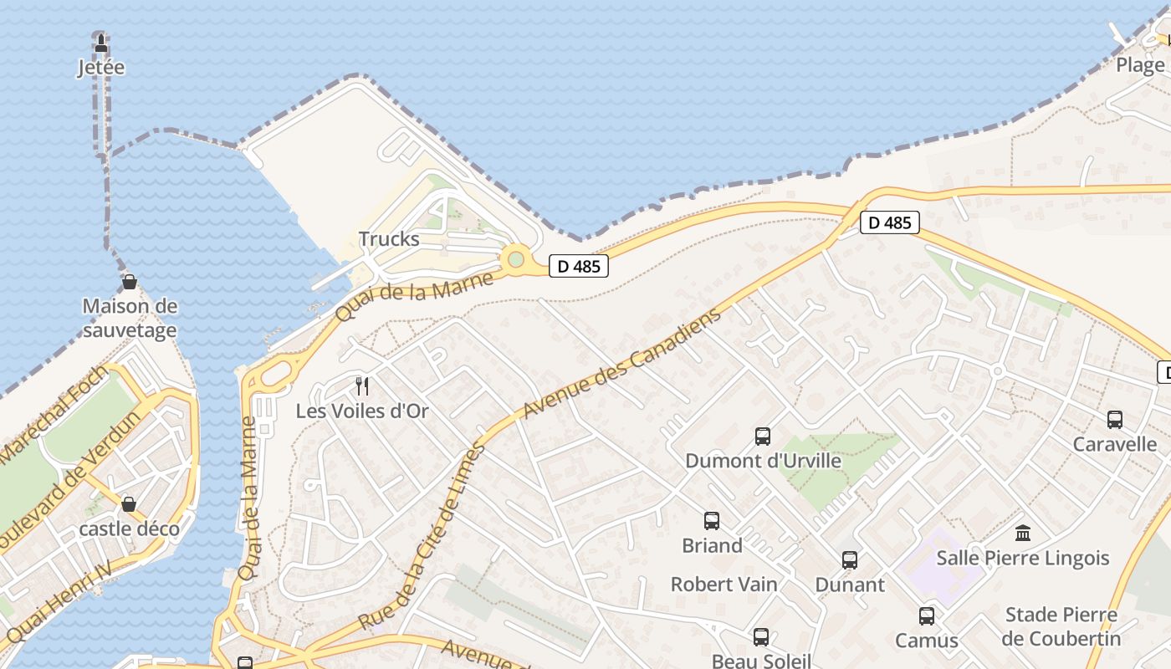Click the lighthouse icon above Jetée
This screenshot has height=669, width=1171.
coord(101,43)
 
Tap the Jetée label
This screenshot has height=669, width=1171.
coord(101,67)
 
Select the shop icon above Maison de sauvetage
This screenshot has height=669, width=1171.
coord(130,282)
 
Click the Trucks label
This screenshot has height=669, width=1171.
coord(389,239)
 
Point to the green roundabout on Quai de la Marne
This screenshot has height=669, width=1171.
coord(515,259)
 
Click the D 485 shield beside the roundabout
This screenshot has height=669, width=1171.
coord(578,267)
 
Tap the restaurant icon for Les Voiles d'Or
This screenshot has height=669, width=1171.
coord(362,386)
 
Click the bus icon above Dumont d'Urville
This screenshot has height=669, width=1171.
coord(763,436)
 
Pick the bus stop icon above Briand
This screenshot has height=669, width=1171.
coord(712,521)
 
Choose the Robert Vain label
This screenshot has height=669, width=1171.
coord(724,584)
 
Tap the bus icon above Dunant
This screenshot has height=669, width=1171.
coord(850,560)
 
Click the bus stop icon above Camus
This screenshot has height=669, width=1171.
coord(927,616)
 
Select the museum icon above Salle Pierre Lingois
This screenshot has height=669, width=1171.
coord(1022,533)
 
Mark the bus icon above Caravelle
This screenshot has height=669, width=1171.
coord(1114,420)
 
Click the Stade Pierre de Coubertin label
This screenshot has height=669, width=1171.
coord(1062,626)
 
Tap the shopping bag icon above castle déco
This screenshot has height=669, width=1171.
coord(130,504)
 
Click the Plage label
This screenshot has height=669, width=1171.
coord(1141,65)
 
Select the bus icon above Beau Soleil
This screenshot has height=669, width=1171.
coord(761,637)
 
